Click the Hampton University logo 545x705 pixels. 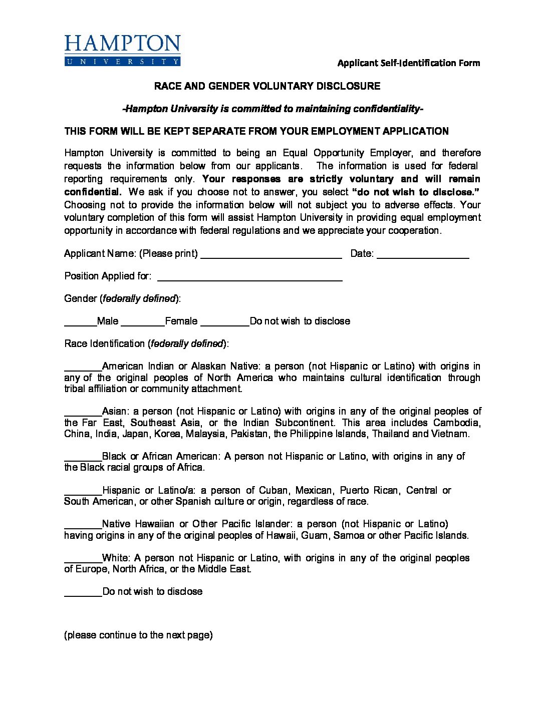[122, 50]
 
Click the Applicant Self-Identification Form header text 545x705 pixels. [408, 63]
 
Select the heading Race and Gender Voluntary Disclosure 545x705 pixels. [267, 86]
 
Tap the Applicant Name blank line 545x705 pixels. [270, 255]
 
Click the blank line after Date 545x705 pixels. [422, 255]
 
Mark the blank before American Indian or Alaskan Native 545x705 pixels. [83, 368]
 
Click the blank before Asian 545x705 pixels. [83, 413]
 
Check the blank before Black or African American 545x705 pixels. [83, 458]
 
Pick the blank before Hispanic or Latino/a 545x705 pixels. [83, 492]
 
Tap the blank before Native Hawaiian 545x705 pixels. [83, 526]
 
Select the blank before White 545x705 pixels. [83, 560]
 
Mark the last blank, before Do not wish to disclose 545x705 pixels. [83, 593]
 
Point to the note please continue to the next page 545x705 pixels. [138, 635]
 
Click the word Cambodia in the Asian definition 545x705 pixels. [456, 423]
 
